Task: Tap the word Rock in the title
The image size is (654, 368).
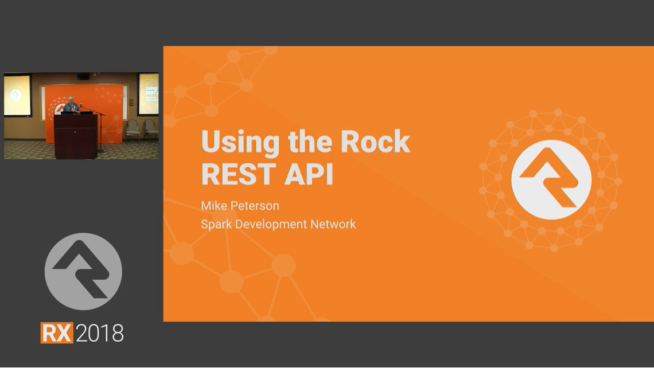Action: (x=375, y=142)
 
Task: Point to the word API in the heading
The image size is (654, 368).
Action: (x=309, y=174)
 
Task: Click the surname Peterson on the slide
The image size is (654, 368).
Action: (x=254, y=205)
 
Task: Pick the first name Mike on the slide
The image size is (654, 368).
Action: (x=214, y=205)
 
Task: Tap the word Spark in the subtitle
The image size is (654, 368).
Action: (x=216, y=225)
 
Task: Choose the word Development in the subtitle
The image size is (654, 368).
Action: (x=271, y=225)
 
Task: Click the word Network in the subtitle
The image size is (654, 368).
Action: (x=333, y=224)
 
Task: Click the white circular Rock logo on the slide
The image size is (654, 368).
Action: (x=551, y=179)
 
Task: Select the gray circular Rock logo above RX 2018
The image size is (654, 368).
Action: (x=83, y=271)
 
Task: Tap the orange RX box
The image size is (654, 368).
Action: (x=57, y=332)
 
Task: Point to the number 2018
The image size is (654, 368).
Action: (x=100, y=333)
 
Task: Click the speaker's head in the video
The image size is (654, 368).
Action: (x=71, y=99)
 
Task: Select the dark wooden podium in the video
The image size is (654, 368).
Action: (x=76, y=136)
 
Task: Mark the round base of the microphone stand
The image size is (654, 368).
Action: (x=100, y=151)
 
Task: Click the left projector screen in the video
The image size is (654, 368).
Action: (x=17, y=95)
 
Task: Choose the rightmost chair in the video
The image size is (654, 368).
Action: (x=151, y=130)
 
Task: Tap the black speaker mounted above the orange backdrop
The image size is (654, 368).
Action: (x=83, y=76)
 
